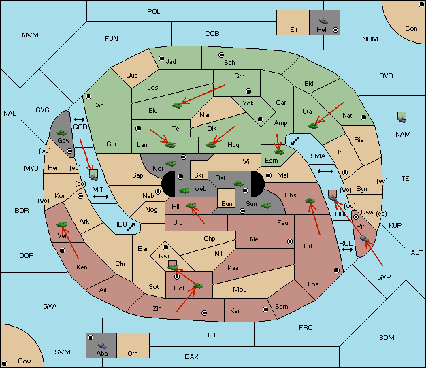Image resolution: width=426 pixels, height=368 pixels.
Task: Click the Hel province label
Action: coord(321,30)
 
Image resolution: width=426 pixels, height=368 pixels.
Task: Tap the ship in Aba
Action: coord(103,346)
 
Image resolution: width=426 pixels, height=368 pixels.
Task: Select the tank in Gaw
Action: coord(62,133)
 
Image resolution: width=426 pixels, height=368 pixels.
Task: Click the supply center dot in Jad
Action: coord(161,58)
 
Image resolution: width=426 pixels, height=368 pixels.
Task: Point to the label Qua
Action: coord(132,76)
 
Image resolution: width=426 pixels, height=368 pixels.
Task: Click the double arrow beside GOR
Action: coord(80,120)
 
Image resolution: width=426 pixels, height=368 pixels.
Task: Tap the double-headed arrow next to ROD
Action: coord(347,250)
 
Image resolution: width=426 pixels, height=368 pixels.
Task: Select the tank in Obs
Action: coord(310,201)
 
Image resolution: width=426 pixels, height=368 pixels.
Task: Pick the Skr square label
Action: coord(199,175)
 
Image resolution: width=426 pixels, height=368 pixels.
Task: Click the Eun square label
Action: coord(227,203)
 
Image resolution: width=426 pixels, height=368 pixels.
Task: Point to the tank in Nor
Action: coord(170,163)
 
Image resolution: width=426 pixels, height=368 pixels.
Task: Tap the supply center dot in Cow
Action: coord(5,363)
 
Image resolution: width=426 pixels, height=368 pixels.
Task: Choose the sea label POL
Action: coord(154,12)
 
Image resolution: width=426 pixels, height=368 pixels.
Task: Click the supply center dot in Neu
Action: coord(290,241)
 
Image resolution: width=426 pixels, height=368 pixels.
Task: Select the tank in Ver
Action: coord(61,224)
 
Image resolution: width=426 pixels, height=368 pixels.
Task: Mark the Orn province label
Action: coord(133,353)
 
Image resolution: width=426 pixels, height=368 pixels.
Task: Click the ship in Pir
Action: coord(364,239)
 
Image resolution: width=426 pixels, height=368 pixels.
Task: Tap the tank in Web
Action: coord(184,190)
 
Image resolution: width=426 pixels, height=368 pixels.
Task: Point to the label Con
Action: coord(411,29)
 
